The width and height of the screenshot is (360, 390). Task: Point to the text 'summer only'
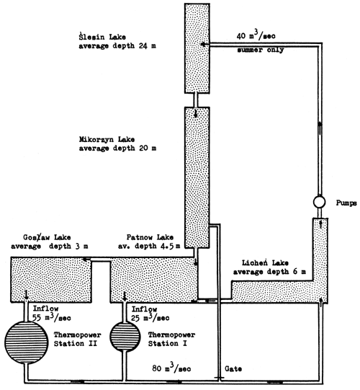(258, 50)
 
